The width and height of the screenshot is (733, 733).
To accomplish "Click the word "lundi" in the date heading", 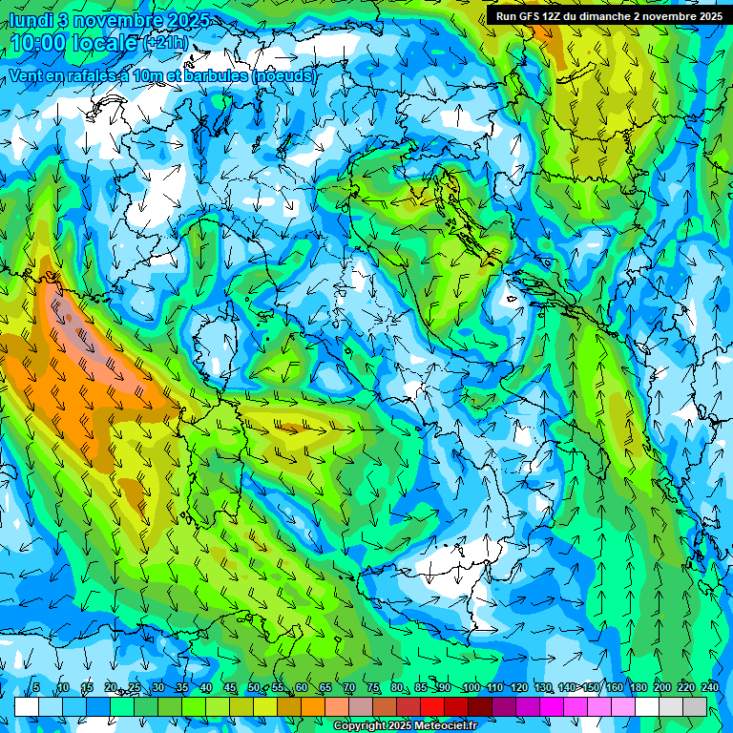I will point(33,20).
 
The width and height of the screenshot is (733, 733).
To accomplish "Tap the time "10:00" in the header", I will point(43,44).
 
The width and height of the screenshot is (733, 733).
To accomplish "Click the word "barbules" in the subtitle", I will point(218,75).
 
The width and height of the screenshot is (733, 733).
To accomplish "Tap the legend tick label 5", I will point(37,688).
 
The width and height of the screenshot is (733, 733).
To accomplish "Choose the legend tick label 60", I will point(301,688).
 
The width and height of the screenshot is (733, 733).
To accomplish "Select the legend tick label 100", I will point(471,688).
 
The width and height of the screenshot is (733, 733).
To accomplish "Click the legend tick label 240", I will point(709,688).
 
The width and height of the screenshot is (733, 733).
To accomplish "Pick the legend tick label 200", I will point(661,688).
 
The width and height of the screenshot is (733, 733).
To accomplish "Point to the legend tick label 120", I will point(518,688).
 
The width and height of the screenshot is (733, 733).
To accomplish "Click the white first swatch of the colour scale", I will point(27,706).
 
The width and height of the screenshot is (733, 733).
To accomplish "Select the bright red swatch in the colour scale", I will point(432,706).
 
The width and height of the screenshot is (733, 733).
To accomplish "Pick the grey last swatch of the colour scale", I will point(695,706).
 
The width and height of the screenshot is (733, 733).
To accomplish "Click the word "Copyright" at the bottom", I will point(361,726).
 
